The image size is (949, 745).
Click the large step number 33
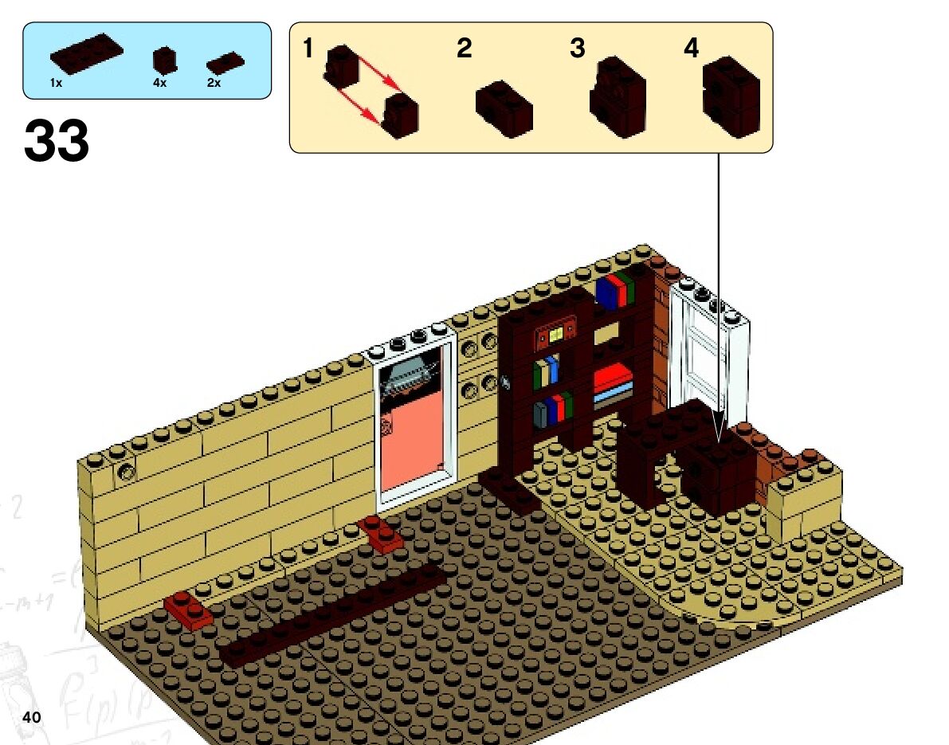(x=57, y=141)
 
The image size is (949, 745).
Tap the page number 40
(x=32, y=716)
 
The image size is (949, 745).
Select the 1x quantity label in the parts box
(x=56, y=83)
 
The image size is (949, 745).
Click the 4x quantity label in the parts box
(x=159, y=83)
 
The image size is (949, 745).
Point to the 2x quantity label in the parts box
(x=214, y=83)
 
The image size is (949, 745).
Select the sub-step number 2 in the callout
(x=464, y=49)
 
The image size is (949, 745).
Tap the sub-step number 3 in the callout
(x=578, y=49)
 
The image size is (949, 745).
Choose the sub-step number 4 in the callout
(x=691, y=49)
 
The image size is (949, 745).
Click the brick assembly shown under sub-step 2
(x=504, y=107)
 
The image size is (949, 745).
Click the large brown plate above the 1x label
(x=87, y=54)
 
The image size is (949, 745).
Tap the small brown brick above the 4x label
(x=165, y=60)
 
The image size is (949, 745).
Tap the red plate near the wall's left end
(x=189, y=610)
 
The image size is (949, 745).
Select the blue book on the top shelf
(x=607, y=293)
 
